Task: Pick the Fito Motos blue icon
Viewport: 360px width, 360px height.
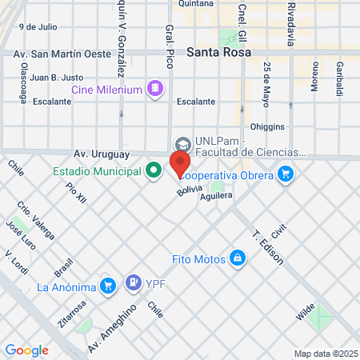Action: (237, 258)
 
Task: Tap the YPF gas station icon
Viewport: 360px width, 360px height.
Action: (133, 282)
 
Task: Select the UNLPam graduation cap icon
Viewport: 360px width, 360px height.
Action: (182, 145)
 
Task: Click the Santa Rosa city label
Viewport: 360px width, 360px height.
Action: (218, 52)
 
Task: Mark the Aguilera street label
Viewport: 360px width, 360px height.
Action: (217, 195)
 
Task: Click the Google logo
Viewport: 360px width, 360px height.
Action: (26, 350)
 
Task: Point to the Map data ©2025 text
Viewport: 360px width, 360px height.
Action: (326, 354)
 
